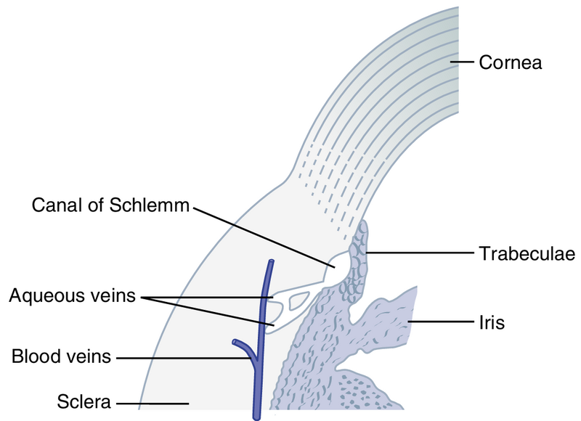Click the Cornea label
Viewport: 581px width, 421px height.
pyautogui.click(x=510, y=63)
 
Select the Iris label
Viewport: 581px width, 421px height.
pyautogui.click(x=491, y=320)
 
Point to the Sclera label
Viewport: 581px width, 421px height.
pyautogui.click(x=84, y=400)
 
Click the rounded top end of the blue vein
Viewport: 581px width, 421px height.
pyautogui.click(x=271, y=263)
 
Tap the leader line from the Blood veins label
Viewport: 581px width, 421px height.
pyautogui.click(x=182, y=357)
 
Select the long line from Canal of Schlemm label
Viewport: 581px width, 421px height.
pyautogui.click(x=261, y=234)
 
